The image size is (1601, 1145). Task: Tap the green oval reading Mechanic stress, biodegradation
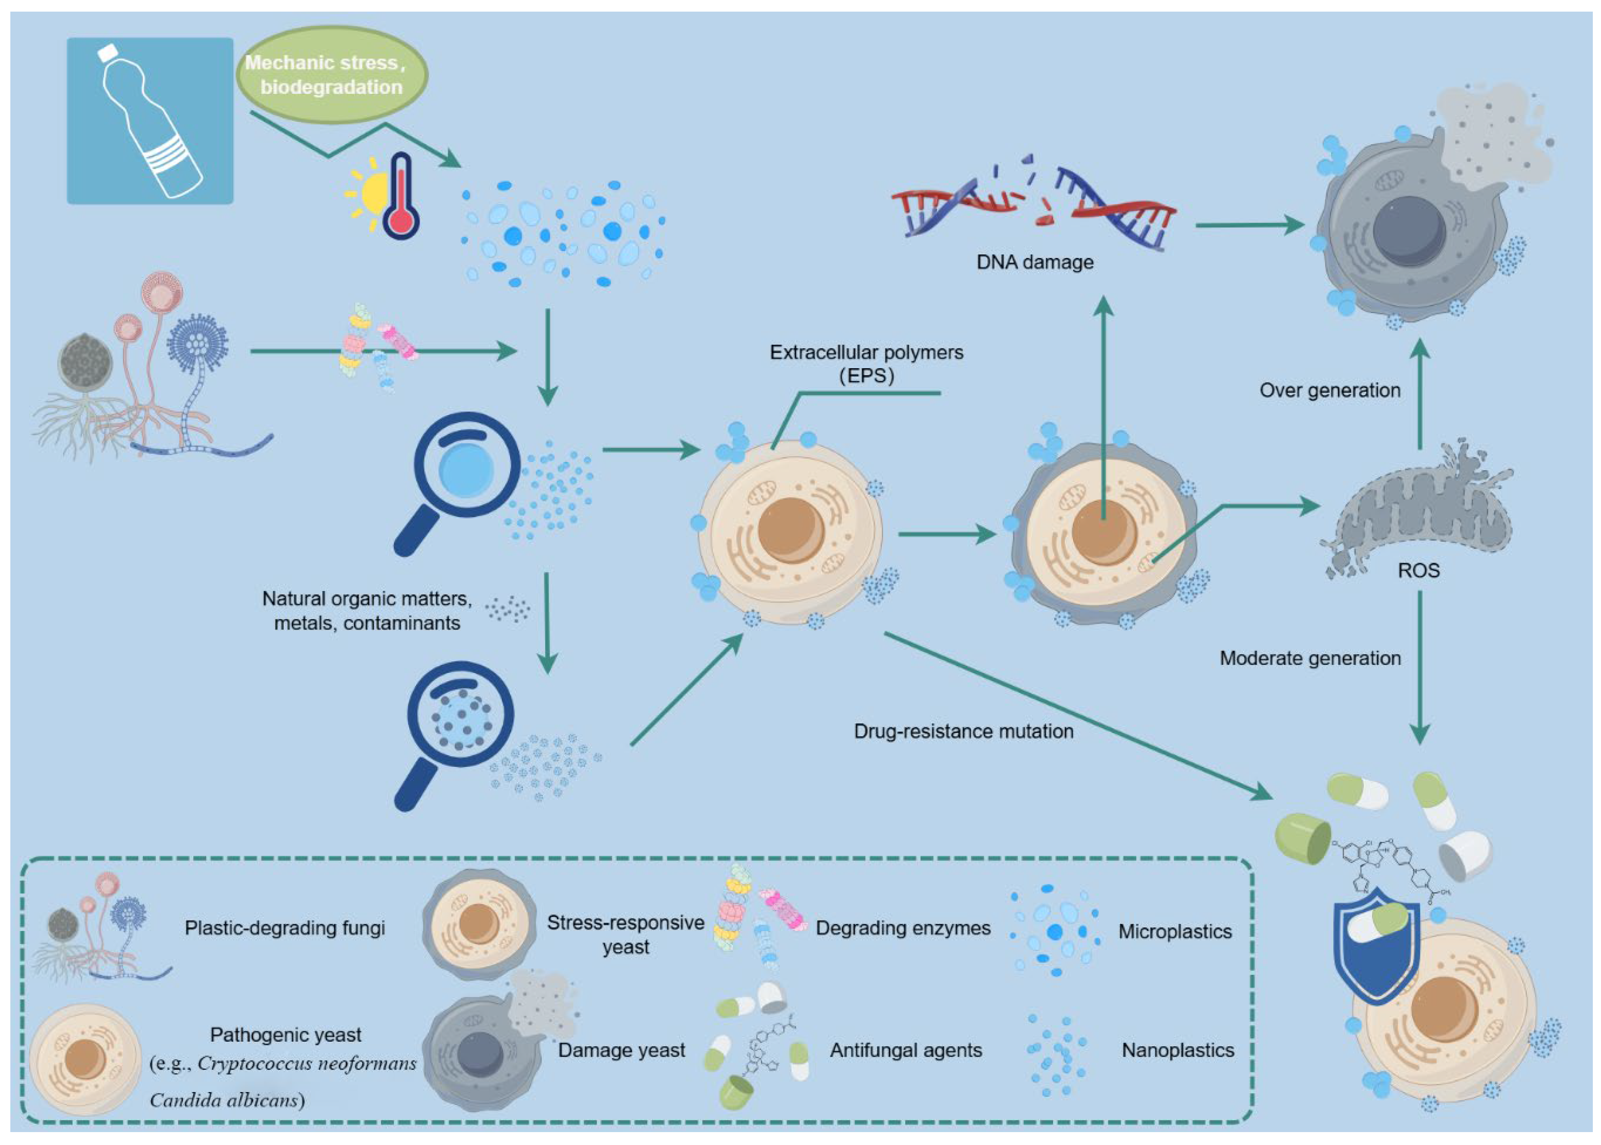331,75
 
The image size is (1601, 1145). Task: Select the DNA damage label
1035,262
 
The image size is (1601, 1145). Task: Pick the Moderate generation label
1310,658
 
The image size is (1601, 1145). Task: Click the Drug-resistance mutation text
963,731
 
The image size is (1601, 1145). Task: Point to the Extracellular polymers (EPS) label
866,363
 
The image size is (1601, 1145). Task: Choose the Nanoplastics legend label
1178,1050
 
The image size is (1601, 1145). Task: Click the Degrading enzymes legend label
902,928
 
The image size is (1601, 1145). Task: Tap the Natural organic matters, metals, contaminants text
366,611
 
